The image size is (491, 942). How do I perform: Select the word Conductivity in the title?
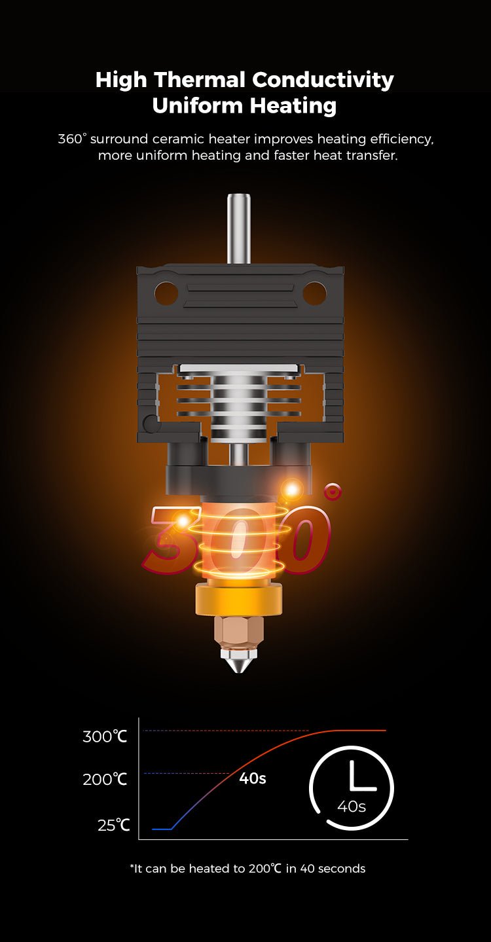coord(323,80)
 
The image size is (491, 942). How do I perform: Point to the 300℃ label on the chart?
coord(105,736)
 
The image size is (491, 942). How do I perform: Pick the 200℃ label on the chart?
coord(105,780)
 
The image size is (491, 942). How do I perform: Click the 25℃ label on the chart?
coord(114,825)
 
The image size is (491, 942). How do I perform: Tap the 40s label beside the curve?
coord(252,779)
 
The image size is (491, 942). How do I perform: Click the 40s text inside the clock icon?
coord(352,806)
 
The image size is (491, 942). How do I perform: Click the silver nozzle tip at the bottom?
coord(239,662)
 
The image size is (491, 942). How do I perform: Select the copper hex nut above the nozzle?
coord(239,630)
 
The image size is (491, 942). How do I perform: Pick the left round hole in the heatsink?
coord(166,293)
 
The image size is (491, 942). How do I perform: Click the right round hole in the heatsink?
coord(314,293)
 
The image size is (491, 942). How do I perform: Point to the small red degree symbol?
coord(333,491)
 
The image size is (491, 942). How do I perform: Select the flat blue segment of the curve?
coord(162,829)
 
